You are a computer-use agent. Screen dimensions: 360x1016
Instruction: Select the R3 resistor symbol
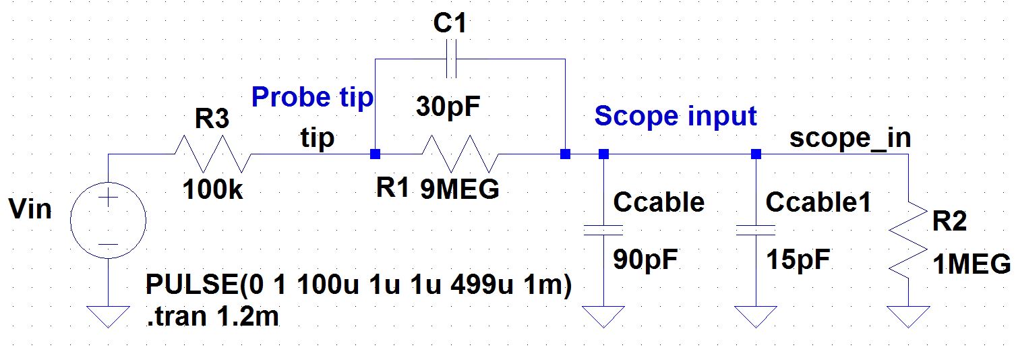coord(213,154)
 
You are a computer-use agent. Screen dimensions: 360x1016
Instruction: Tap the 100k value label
coord(213,191)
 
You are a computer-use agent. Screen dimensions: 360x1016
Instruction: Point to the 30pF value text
coord(449,106)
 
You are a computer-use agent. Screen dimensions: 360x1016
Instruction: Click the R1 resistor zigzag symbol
coord(458,154)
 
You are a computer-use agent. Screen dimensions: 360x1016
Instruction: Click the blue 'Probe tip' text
coord(311,98)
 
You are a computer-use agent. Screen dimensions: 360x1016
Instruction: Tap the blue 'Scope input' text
coord(676,117)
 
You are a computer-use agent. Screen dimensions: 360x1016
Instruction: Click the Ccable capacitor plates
coord(603,230)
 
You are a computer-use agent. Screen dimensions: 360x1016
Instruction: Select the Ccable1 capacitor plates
coord(756,230)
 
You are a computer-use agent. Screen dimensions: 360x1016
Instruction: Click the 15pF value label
coord(799,260)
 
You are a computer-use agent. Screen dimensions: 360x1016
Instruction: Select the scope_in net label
coord(850,138)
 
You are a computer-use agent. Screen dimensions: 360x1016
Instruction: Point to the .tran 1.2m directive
coord(212,317)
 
